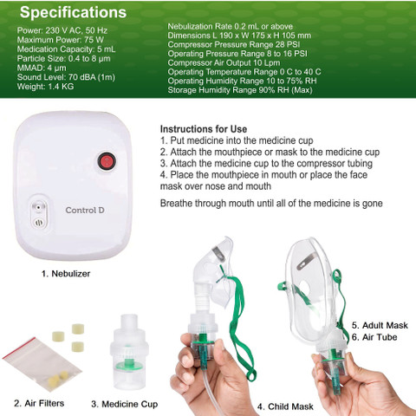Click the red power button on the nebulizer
coord(107,161)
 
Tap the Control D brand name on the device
coord(85,211)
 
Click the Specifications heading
coord(73,12)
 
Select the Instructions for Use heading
coord(204,129)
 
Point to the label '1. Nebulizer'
coord(66,274)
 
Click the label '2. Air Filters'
coord(39,403)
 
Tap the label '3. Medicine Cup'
coord(125,404)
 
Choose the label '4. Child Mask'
coord(285,406)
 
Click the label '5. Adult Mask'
coord(380,325)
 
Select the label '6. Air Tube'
coord(374,337)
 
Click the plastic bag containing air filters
coord(42,365)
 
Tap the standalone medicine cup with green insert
coord(129,351)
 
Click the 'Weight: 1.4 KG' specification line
coord(45,87)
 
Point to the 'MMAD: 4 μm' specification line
coord(42,68)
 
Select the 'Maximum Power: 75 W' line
coord(61,40)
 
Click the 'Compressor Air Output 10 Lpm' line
coord(224,62)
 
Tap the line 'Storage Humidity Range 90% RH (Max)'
coord(240,90)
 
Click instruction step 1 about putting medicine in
coord(237,140)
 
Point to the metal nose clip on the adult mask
coord(307,261)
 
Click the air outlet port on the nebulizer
coord(39,207)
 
